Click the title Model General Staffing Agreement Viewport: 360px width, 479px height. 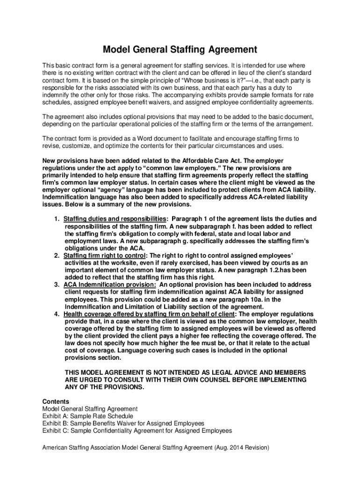tap(180, 49)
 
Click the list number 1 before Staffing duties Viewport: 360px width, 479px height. tap(56, 219)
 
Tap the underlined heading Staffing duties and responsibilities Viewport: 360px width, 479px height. tap(115, 219)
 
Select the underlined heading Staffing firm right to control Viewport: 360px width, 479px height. tap(105, 256)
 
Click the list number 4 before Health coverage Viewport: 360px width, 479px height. tap(56, 314)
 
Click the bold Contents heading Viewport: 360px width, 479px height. tap(56, 401)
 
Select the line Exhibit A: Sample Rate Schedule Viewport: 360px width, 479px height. tap(88, 416)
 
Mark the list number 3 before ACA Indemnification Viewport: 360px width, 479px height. tap(56, 284)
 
